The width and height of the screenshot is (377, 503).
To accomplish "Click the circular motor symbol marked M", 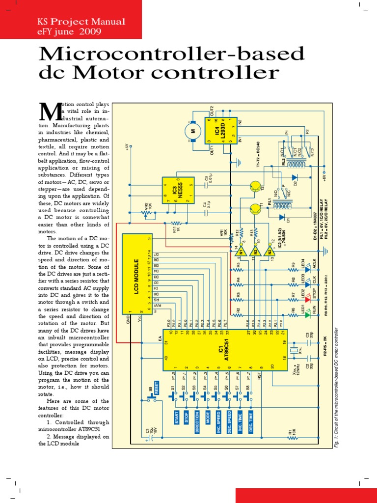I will pos(192,131).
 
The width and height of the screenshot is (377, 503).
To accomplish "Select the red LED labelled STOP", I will pos(308,299).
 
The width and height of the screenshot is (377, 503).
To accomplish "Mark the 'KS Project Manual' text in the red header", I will pos(81,22).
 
